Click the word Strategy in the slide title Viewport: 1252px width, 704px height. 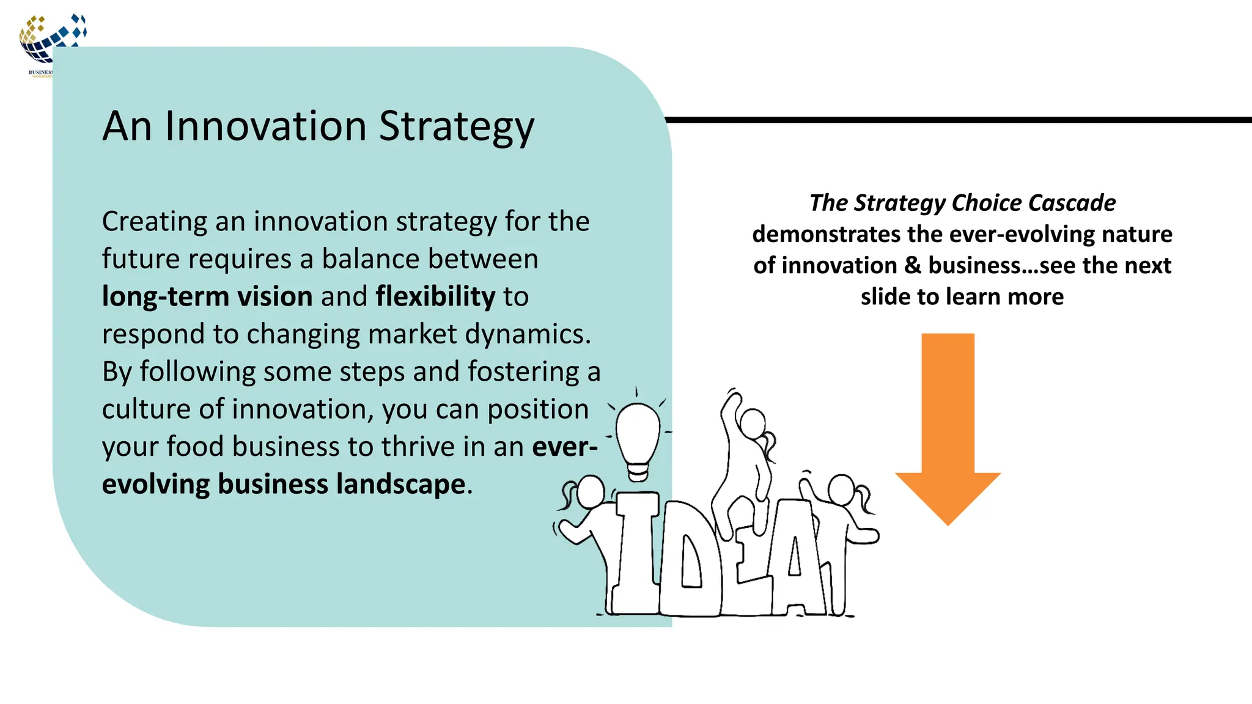coord(456,127)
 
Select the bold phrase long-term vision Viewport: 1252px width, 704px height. coord(207,296)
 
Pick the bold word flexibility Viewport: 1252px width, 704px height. coord(435,296)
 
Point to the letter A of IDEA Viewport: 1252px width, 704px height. coord(795,559)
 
